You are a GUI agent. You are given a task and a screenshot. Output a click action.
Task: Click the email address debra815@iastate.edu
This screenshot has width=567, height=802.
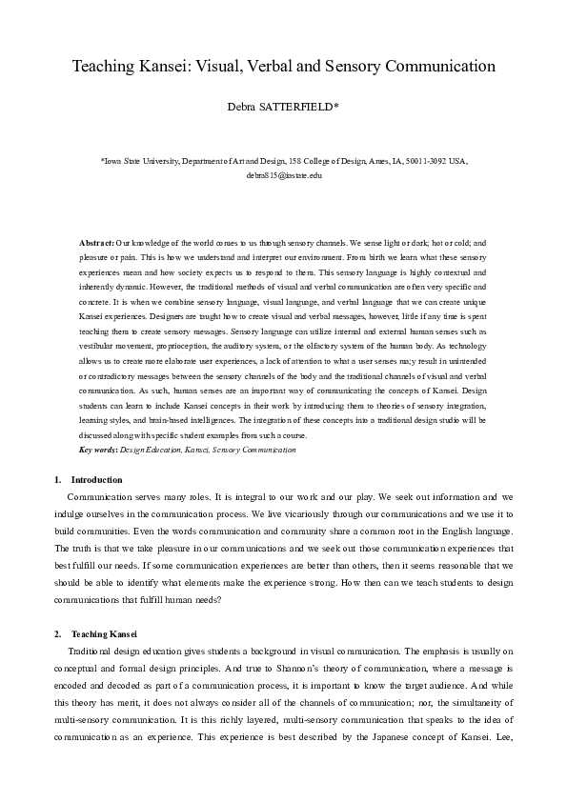pos(284,176)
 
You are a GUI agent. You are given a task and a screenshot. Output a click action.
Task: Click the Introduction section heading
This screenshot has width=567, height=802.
pos(97,479)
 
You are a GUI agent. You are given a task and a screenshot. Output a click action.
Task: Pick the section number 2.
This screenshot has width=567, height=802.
pos(59,634)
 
